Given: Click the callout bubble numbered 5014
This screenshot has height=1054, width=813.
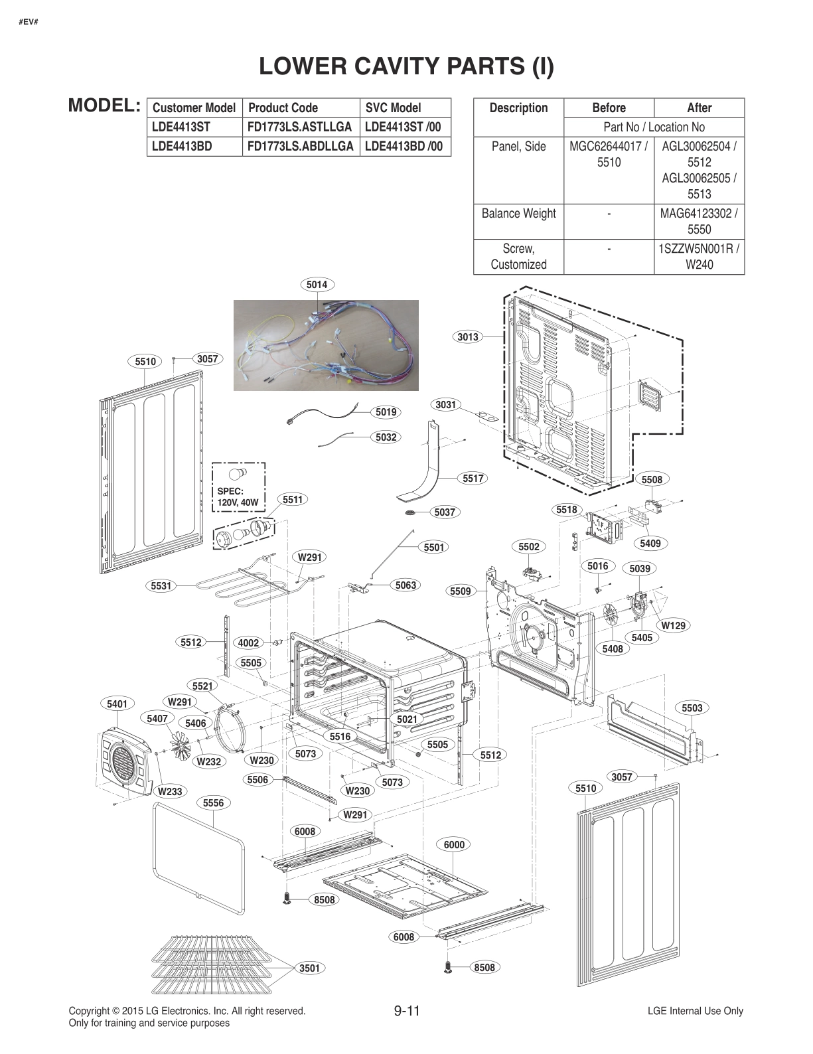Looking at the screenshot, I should tap(317, 285).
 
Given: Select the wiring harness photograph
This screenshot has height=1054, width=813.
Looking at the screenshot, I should tap(326, 345).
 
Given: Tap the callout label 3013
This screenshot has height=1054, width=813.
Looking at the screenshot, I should tap(468, 337).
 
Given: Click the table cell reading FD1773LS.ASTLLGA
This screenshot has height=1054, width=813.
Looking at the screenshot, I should tap(299, 127).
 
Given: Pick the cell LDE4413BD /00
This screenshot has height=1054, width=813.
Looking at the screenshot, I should tap(404, 146).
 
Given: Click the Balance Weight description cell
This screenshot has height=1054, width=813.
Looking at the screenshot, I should tap(518, 214).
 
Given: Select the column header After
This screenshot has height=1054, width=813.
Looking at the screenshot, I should tap(699, 108).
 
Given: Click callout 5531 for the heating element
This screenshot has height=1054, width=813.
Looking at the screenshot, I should tap(161, 585).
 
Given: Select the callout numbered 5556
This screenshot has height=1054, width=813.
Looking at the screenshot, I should tap(213, 803).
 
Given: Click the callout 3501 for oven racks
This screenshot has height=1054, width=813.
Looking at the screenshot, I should tap(309, 968).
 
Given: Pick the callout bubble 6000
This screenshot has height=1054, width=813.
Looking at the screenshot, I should tap(454, 844).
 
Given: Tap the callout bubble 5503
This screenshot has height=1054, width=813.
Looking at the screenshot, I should tap(692, 708).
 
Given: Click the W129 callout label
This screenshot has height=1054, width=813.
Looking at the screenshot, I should tap(674, 625).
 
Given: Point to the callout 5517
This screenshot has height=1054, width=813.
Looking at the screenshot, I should tap(473, 478).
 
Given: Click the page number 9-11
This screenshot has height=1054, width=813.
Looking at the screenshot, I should tap(407, 1011).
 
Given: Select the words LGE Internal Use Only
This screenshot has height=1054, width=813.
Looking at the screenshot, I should tap(695, 1011).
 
